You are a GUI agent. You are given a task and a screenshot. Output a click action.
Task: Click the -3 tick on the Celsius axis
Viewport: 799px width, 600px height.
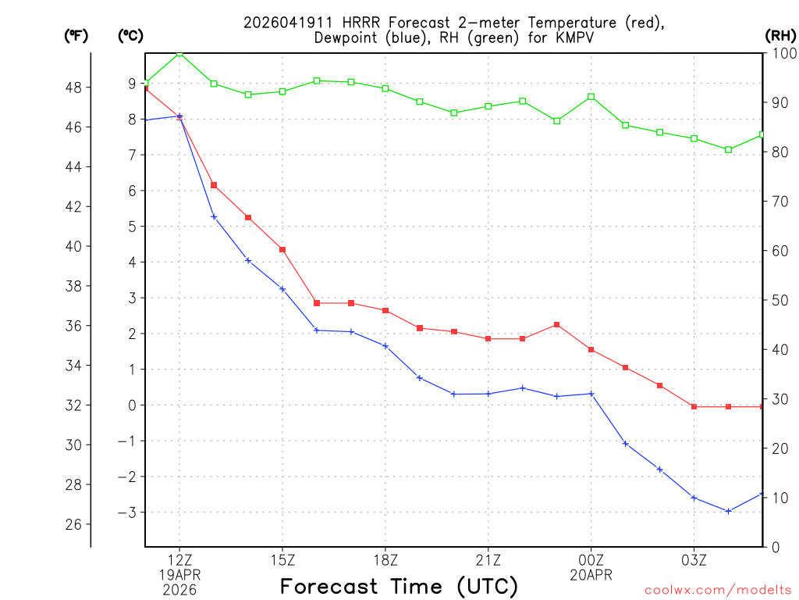127,512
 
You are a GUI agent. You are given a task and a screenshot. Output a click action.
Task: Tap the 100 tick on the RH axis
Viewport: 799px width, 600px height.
783,53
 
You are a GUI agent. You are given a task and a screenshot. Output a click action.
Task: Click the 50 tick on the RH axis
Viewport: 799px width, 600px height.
780,300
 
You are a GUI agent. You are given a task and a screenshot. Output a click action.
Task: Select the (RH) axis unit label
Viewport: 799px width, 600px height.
780,35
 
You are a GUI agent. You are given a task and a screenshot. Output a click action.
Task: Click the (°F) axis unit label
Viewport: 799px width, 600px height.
76,35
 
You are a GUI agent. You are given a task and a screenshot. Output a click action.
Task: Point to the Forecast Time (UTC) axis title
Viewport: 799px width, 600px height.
399,586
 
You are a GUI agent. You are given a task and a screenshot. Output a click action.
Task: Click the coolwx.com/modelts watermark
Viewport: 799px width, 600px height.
718,590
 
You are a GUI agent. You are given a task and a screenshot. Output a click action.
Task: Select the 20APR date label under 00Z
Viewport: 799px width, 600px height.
591,575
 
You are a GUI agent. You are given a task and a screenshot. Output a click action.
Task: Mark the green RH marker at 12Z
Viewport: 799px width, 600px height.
179,53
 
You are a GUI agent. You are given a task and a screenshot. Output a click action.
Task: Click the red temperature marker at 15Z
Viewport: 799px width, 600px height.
282,249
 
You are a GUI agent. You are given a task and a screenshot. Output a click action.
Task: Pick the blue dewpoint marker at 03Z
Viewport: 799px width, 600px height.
694,498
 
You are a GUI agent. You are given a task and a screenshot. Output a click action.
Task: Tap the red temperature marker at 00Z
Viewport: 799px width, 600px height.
591,349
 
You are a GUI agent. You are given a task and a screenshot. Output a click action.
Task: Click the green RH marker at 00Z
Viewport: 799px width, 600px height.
591,97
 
